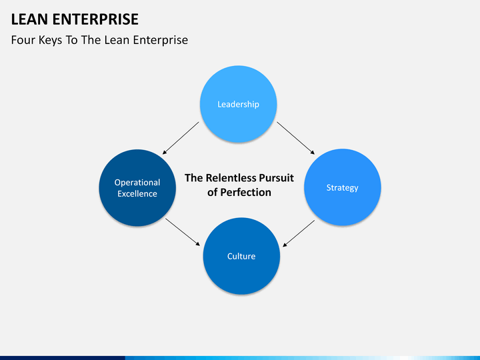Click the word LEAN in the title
pyautogui.click(x=29, y=19)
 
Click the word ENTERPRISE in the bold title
pyautogui.click(x=95, y=19)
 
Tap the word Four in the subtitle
pyautogui.click(x=23, y=40)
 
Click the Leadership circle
pyautogui.click(x=239, y=104)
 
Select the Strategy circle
pyautogui.click(x=342, y=187)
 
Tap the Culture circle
pyautogui.click(x=241, y=256)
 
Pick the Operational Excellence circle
pyautogui.click(x=137, y=188)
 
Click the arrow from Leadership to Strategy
pyautogui.click(x=296, y=138)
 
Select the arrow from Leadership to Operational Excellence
pyautogui.click(x=181, y=138)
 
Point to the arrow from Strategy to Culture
pyautogui.click(x=299, y=233)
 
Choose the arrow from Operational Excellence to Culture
pyautogui.click(x=183, y=232)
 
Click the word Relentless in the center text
pyautogui.click(x=231, y=178)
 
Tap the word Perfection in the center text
pyautogui.click(x=245, y=192)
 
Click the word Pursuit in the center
pyautogui.click(x=277, y=178)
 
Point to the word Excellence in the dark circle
pyautogui.click(x=137, y=194)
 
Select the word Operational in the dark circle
pyautogui.click(x=137, y=183)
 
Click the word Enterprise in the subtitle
pyautogui.click(x=161, y=41)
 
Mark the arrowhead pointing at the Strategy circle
pyautogui.click(x=313, y=152)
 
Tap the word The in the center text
pyautogui.click(x=194, y=178)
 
